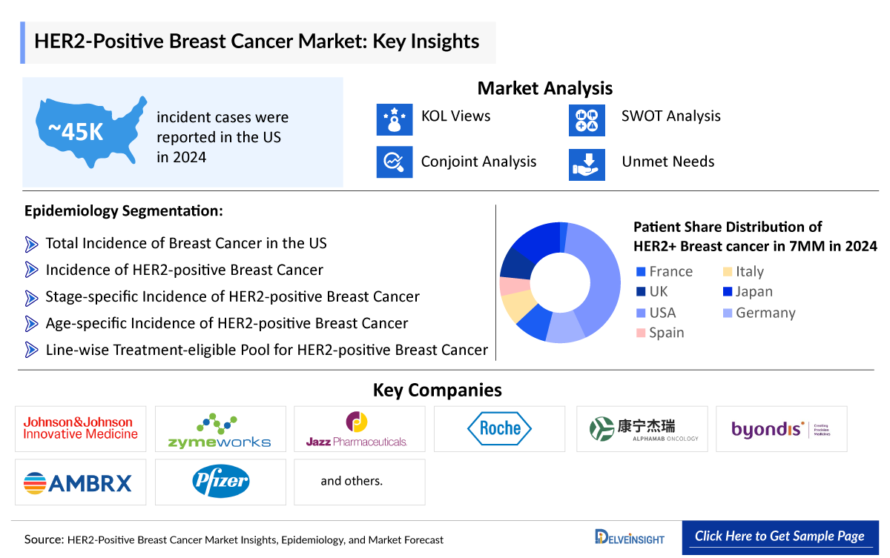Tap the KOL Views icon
pyautogui.click(x=394, y=119)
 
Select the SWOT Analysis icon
pyautogui.click(x=587, y=119)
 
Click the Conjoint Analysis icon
pyautogui.click(x=394, y=162)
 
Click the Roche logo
pyautogui.click(x=499, y=428)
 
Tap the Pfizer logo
pyautogui.click(x=220, y=482)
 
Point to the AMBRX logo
pyautogui.click(x=80, y=483)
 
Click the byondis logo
pyautogui.click(x=780, y=429)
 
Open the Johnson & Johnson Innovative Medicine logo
pyautogui.click(x=80, y=428)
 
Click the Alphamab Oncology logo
pyautogui.click(x=642, y=429)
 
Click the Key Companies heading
pyautogui.click(x=437, y=390)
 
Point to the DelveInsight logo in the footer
pyautogui.click(x=630, y=537)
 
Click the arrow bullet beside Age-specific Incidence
pyautogui.click(x=31, y=324)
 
